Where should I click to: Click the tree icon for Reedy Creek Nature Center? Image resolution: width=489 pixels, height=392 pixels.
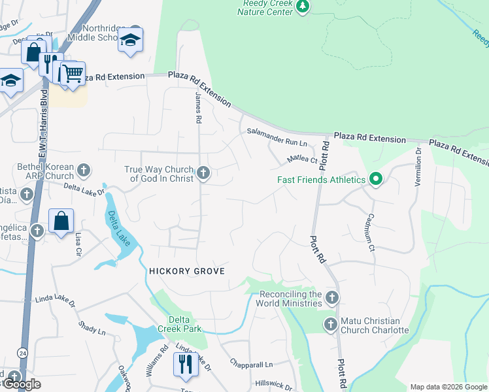pos(302,7)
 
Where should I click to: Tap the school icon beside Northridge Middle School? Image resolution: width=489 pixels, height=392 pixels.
pos(131,40)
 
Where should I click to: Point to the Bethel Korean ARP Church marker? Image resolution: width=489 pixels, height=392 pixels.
pos(83,171)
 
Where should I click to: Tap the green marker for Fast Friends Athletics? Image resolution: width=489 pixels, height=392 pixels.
pos(375,180)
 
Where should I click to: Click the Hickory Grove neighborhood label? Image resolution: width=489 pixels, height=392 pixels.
pos(187,271)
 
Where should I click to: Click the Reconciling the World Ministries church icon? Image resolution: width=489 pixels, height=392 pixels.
pos(332,298)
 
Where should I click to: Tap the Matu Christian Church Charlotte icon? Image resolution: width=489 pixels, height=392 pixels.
pos(331,324)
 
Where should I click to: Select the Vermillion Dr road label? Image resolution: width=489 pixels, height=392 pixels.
pos(418,167)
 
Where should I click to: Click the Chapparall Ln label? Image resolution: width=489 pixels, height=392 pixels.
pos(251,363)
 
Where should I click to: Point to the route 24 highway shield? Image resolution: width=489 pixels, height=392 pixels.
pos(23,353)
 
